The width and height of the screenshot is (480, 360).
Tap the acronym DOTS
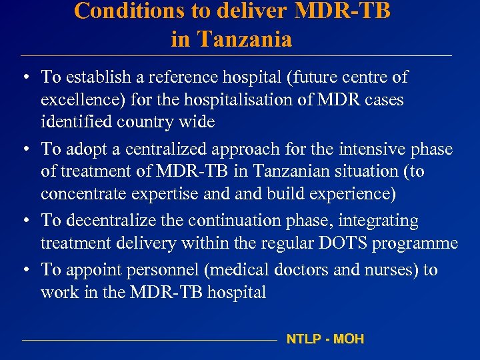coord(343,243)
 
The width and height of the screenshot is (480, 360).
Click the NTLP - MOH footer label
coord(325,339)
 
